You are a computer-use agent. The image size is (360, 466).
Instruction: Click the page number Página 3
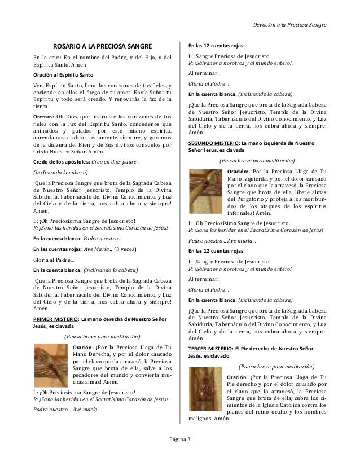tap(180, 439)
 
